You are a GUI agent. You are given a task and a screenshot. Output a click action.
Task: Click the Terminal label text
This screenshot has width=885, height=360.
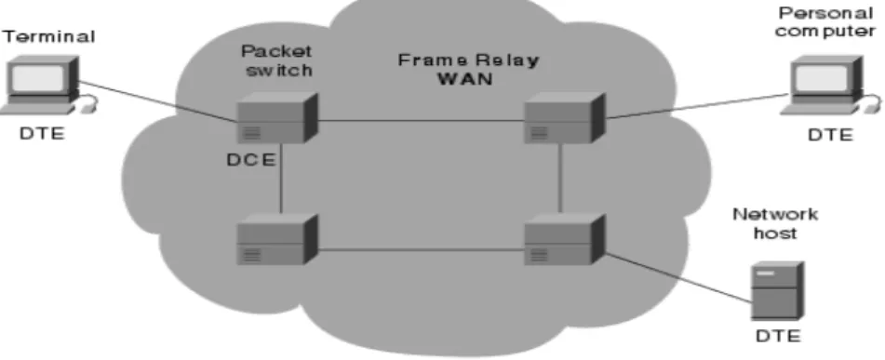pyautogui.click(x=49, y=37)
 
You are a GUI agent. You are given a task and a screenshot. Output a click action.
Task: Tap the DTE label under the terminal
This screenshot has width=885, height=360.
pyautogui.click(x=42, y=134)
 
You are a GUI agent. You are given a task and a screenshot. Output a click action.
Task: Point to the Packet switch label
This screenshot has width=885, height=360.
pyautogui.click(x=276, y=60)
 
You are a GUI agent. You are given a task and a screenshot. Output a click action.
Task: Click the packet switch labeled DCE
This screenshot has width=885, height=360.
pyautogui.click(x=277, y=118)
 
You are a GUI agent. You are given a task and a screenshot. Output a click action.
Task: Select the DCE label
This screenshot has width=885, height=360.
pyautogui.click(x=250, y=160)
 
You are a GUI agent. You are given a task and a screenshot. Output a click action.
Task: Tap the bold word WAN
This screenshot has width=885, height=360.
pyautogui.click(x=465, y=78)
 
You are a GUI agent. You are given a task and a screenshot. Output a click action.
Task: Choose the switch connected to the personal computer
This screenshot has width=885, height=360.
pyautogui.click(x=565, y=118)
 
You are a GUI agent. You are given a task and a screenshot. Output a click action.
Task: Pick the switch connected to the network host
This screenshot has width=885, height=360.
pyautogui.click(x=565, y=239)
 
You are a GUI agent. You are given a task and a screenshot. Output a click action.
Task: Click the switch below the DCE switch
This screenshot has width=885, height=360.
pyautogui.click(x=277, y=239)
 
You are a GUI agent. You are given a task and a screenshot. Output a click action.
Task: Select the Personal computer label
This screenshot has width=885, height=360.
pyautogui.click(x=825, y=21)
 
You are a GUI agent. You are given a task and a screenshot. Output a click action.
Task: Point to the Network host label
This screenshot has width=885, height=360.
pyautogui.click(x=775, y=223)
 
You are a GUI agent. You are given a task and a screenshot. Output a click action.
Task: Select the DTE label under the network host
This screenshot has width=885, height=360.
pyautogui.click(x=778, y=337)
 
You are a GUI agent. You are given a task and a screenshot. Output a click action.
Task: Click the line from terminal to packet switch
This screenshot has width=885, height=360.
pyautogui.click(x=158, y=101)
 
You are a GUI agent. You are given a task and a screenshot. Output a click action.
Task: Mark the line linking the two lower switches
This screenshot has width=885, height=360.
pyautogui.click(x=421, y=249)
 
